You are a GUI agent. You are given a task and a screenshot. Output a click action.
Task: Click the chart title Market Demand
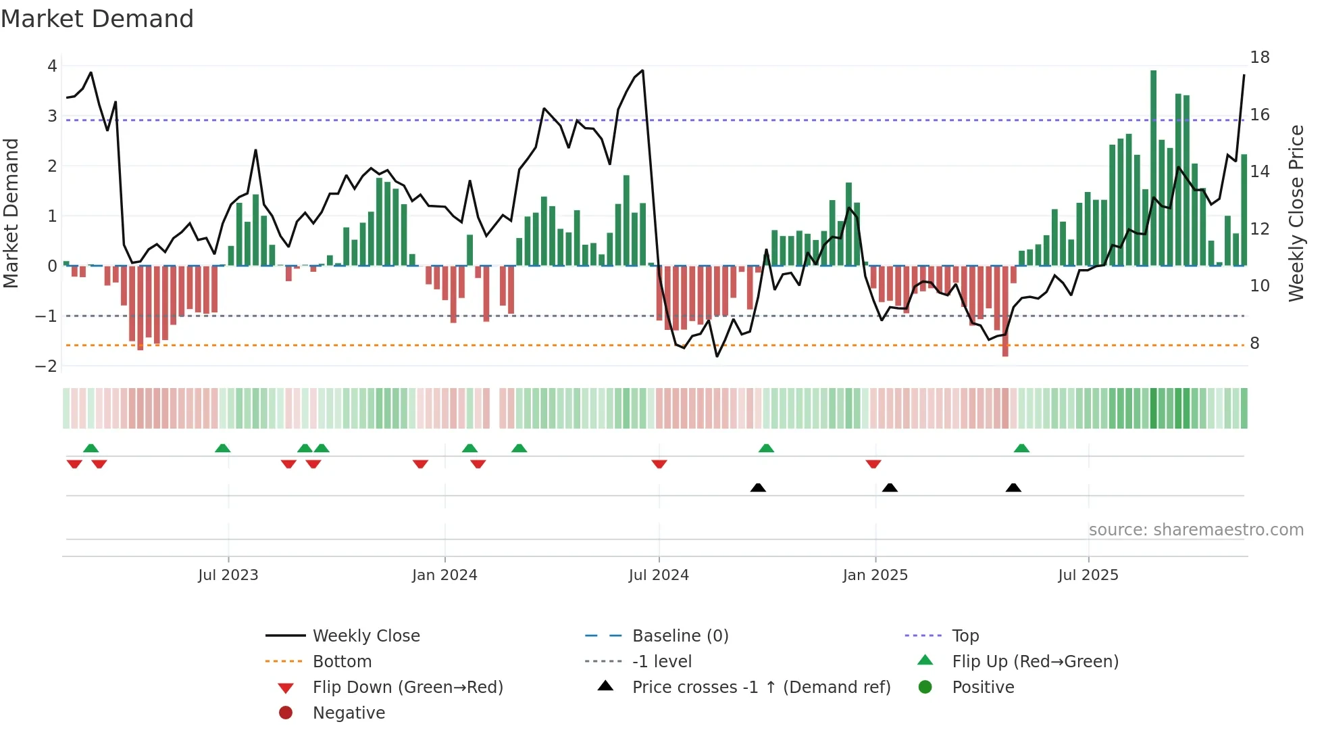point(97,19)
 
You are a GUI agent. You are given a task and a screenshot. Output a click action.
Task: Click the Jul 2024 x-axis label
point(659,575)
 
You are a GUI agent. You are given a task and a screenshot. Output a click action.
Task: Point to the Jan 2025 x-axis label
point(875,575)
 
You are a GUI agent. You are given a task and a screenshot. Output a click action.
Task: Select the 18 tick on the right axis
point(1259,57)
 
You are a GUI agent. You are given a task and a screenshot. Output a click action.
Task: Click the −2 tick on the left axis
point(47,366)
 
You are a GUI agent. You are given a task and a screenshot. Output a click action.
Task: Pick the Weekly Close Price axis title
point(1296,213)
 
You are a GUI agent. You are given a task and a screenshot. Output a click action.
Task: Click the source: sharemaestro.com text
point(1196,530)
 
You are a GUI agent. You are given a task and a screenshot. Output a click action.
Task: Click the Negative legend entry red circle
point(286,713)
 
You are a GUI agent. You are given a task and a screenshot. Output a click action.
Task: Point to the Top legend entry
point(965,636)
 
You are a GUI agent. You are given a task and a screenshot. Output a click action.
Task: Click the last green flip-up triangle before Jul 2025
point(1021,448)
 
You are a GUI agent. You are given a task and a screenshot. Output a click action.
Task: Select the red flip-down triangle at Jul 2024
point(659,464)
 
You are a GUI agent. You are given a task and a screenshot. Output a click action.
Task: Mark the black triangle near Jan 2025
point(890,487)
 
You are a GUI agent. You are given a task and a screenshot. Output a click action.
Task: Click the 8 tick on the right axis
point(1254,343)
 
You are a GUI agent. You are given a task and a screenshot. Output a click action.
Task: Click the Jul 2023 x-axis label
point(228,575)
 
